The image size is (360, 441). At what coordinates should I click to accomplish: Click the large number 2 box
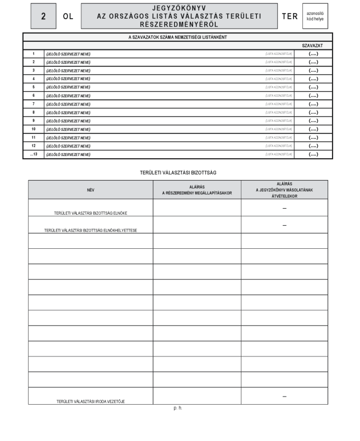pos(43,16)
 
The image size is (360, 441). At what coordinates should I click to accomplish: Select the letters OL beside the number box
pos(68,16)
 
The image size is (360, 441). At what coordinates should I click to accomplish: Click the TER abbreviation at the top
pos(289,16)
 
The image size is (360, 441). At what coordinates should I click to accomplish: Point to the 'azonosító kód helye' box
pos(314,16)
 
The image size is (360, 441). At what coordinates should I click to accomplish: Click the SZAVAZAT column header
pos(312,46)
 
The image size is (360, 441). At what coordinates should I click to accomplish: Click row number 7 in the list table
pos(33,104)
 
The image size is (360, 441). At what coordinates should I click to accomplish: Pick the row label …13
pos(33,154)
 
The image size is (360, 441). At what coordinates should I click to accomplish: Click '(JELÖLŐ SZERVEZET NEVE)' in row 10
pos(68,129)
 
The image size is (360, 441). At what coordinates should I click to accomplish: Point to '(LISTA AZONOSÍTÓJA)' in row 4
pos(279,79)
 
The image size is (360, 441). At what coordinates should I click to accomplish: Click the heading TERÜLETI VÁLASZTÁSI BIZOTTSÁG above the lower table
pos(178,172)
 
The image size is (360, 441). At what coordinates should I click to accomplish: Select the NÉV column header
pos(91,189)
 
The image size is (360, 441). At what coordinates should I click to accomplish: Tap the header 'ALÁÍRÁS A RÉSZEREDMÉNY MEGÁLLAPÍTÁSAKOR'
pos(196,189)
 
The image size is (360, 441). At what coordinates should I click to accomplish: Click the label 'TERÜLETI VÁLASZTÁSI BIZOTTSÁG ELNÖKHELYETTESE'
pos(90,230)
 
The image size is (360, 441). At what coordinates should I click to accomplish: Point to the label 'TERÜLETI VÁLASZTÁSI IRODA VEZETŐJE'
pos(91,401)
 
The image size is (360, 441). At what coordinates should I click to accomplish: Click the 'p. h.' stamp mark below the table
pos(178,408)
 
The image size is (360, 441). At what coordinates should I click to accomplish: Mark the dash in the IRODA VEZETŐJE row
pos(284,396)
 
